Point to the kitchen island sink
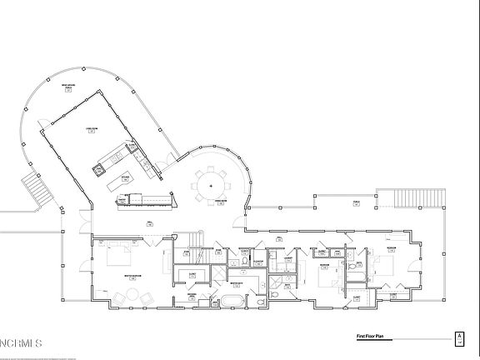point(100,169)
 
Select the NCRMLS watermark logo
point(22,342)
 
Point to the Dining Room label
point(222,202)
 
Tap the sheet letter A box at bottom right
point(458,337)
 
